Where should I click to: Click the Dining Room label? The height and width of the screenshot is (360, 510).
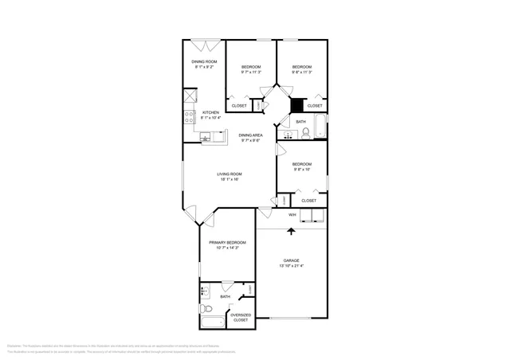pos(204,62)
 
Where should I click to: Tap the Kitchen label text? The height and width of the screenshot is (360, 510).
pos(210,112)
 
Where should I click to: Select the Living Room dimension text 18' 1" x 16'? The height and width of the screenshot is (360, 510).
pos(229,179)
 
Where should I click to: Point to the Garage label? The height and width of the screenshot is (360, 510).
pos(292,260)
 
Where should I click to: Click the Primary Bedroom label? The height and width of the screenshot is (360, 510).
pos(227,242)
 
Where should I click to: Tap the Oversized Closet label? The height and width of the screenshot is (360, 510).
pos(241,317)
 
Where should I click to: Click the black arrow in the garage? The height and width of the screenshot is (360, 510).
pos(291,232)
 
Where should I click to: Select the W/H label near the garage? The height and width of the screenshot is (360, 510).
pos(292,215)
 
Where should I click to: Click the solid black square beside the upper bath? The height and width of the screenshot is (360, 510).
pos(296,104)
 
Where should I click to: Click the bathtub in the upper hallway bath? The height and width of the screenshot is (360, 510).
pos(320,126)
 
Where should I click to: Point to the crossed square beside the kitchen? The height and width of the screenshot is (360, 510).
pos(190,96)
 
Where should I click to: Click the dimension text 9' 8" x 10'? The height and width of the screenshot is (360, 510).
pos(302,169)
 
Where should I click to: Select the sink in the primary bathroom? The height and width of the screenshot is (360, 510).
pos(204,291)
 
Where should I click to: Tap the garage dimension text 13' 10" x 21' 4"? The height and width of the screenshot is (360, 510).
pos(292,266)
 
